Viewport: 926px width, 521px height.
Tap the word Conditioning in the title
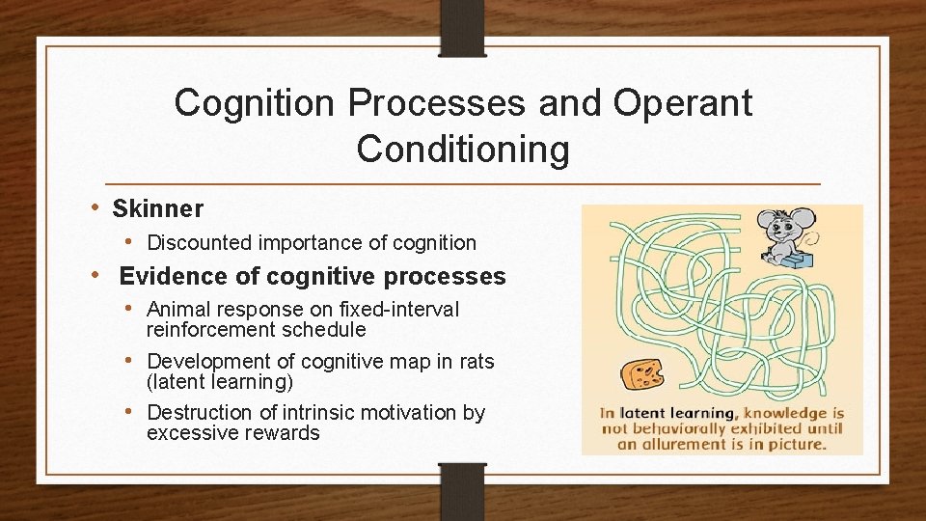[x=463, y=150]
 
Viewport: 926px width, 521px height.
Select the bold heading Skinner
[x=158, y=208]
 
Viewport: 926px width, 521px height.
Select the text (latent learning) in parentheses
[x=220, y=382]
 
